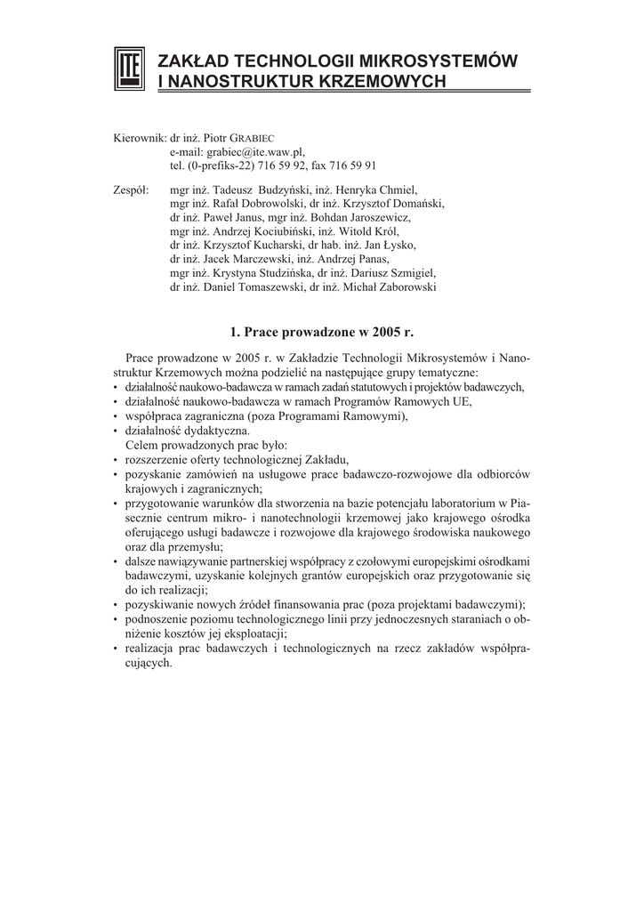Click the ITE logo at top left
click(129, 69)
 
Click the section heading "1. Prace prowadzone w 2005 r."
click(321, 332)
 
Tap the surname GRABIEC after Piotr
click(256, 140)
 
